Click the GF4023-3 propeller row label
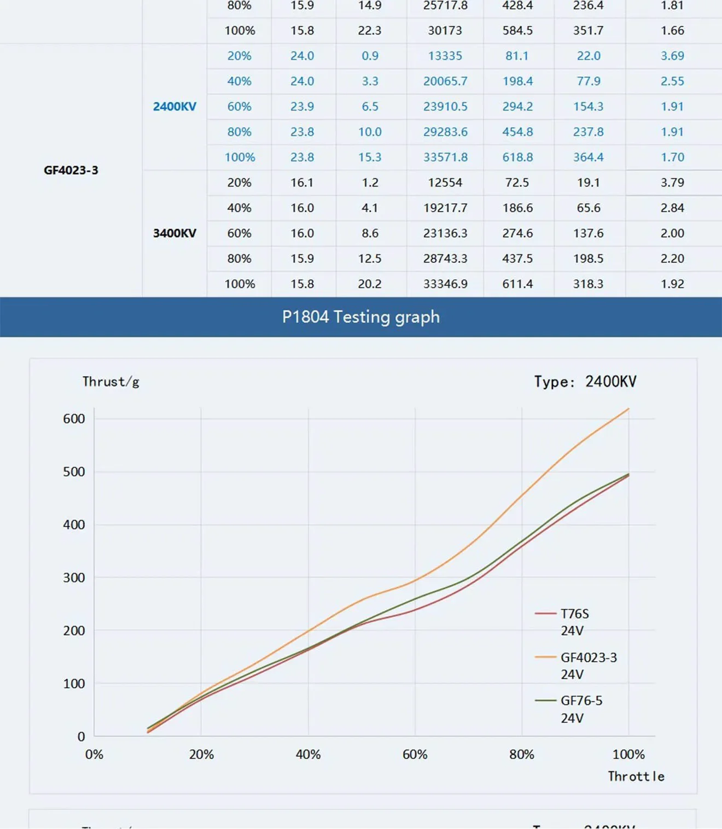pyautogui.click(x=71, y=170)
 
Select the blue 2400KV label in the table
pyautogui.click(x=174, y=107)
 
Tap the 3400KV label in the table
pyautogui.click(x=174, y=233)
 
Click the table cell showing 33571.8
pyautogui.click(x=445, y=157)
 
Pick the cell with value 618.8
pyautogui.click(x=517, y=157)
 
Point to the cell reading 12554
pyautogui.click(x=445, y=183)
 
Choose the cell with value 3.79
pyautogui.click(x=672, y=183)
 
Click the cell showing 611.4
pyautogui.click(x=517, y=284)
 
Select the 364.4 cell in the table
pyautogui.click(x=589, y=157)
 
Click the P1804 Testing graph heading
pyautogui.click(x=361, y=317)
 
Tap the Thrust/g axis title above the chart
pyautogui.click(x=111, y=382)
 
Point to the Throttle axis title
pyautogui.click(x=636, y=777)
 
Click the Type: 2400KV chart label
pyautogui.click(x=585, y=382)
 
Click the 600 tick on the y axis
pyautogui.click(x=74, y=419)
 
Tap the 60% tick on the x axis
pyautogui.click(x=415, y=755)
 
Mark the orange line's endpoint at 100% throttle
pyautogui.click(x=628, y=409)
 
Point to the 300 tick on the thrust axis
pyautogui.click(x=74, y=577)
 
